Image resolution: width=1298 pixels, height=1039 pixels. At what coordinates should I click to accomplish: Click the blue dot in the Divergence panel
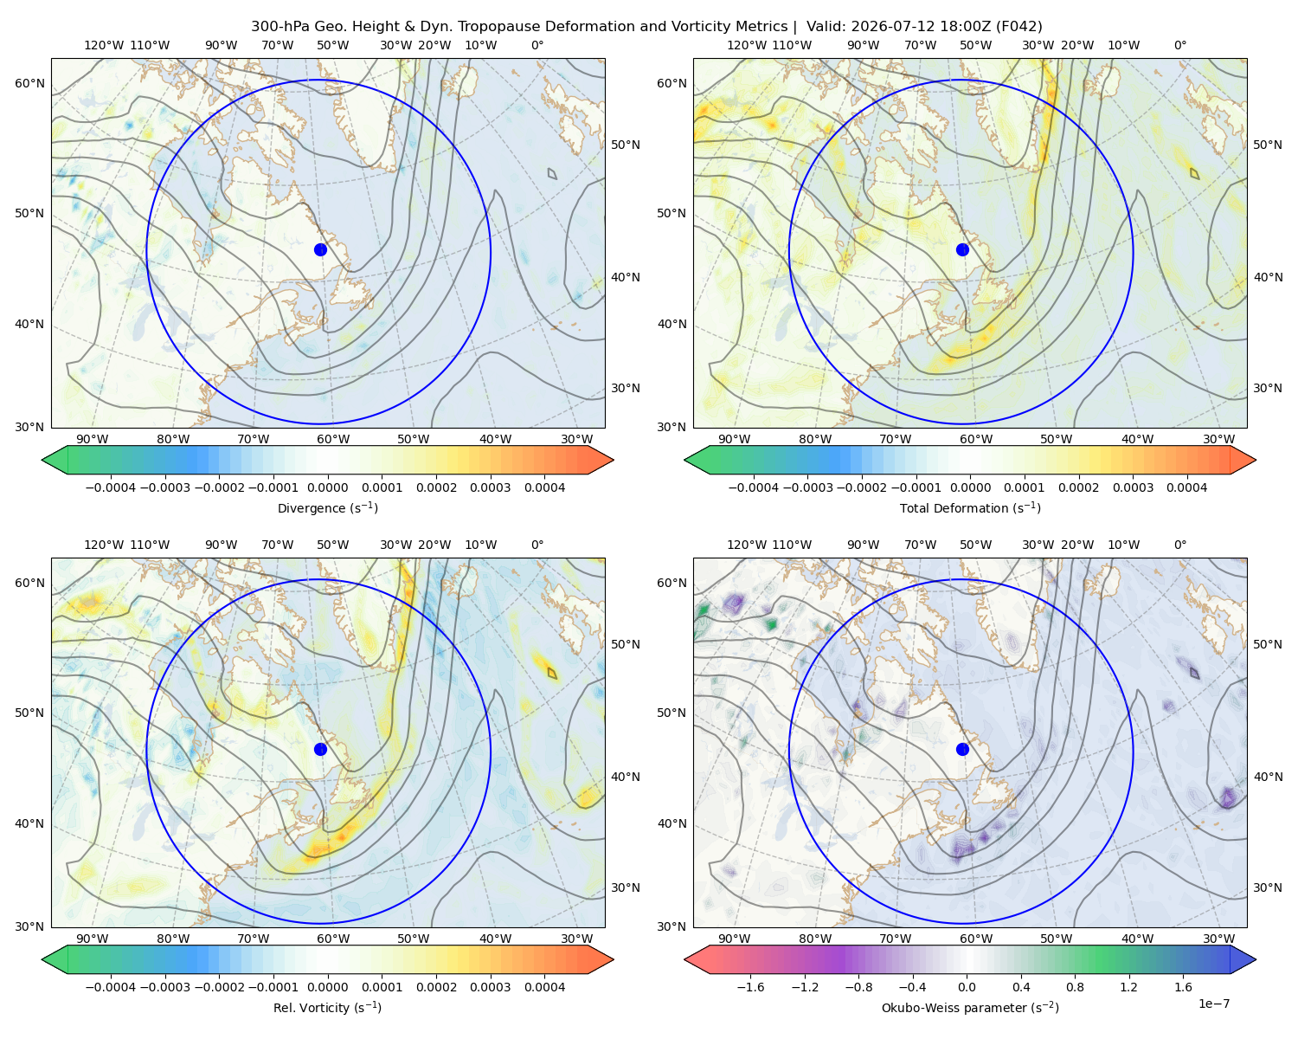(320, 250)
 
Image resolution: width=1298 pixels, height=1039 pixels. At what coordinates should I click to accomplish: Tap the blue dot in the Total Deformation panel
(962, 250)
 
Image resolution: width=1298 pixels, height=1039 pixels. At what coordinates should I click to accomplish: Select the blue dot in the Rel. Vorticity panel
(320, 749)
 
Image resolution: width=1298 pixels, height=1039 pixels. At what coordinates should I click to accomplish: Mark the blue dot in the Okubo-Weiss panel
(962, 749)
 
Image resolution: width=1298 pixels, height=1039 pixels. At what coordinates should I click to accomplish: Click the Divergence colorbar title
(327, 508)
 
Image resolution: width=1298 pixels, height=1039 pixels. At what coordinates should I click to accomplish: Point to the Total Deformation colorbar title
(970, 508)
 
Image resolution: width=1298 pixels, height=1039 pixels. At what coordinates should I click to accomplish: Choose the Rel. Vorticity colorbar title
(327, 1008)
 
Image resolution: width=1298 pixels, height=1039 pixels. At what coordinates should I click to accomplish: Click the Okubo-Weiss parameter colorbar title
(970, 1008)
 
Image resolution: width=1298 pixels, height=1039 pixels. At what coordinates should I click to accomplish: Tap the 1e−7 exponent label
(1213, 1004)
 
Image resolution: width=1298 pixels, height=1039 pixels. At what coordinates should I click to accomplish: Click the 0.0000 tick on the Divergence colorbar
(327, 487)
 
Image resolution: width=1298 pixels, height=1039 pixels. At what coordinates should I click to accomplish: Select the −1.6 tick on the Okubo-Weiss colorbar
(750, 987)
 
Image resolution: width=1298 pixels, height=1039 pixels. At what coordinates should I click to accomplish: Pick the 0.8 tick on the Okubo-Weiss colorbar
(1075, 987)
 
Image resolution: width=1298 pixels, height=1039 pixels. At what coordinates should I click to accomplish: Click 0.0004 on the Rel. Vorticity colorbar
(544, 987)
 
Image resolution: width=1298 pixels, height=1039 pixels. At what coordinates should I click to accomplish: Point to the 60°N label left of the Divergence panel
(29, 83)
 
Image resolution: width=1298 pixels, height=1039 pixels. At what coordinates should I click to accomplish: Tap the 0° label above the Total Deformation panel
(1179, 45)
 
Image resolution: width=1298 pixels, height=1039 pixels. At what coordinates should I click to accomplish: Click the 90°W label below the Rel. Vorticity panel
(93, 939)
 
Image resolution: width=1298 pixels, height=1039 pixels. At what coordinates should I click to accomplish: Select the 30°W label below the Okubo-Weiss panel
(1218, 939)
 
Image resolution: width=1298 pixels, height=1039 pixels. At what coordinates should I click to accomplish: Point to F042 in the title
(1018, 27)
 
